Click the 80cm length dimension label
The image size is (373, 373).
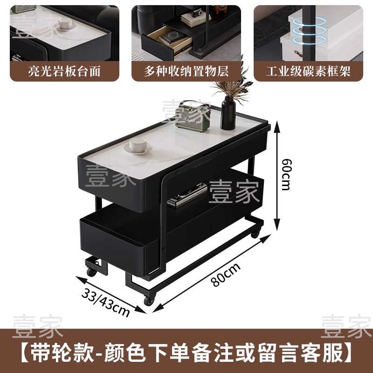point(226,275)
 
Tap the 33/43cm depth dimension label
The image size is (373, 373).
point(106,303)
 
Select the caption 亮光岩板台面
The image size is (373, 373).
point(64,71)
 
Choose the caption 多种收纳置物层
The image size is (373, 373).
point(186,71)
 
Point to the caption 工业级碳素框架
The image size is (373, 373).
point(308,71)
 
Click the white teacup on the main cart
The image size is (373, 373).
point(138,145)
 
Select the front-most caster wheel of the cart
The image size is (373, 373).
point(149,301)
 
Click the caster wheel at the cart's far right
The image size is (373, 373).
point(255,234)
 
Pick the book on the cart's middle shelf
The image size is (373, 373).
point(187,195)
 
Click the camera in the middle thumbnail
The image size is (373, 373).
point(197,13)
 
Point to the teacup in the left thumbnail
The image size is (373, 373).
point(65,24)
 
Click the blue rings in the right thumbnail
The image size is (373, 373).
point(309,31)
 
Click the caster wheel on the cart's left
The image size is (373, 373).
point(91,271)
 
